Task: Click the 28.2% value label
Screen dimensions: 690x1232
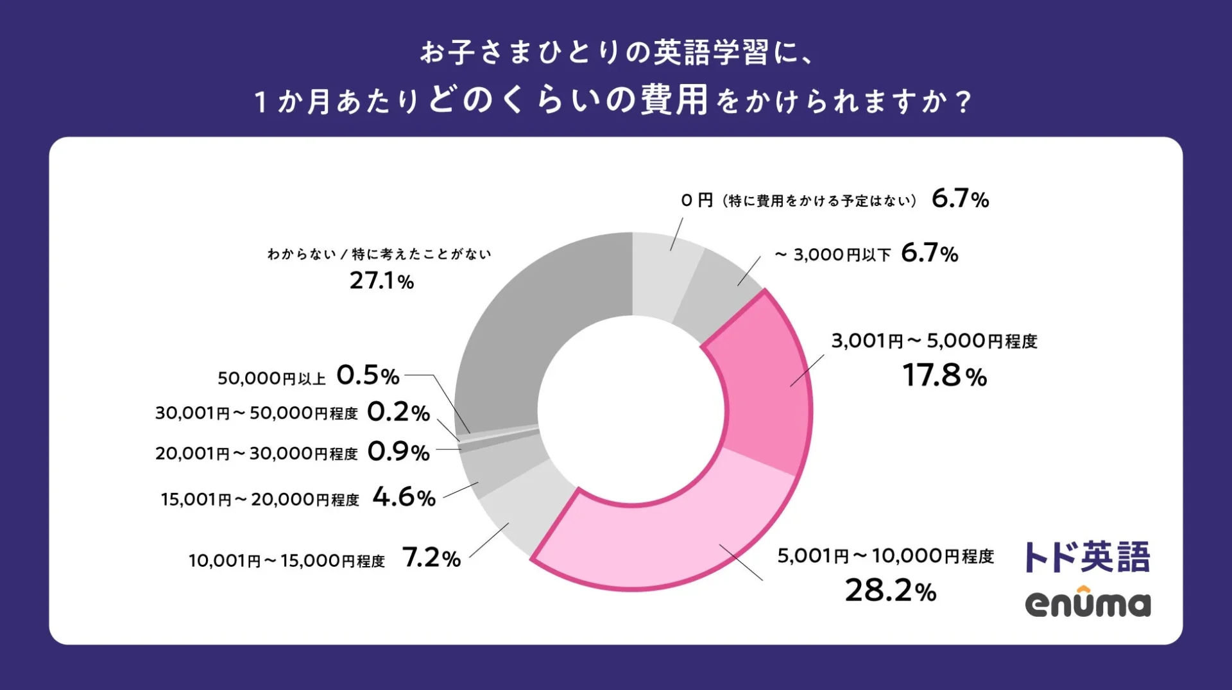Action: pyautogui.click(x=890, y=591)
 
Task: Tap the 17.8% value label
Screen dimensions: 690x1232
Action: pyautogui.click(x=944, y=375)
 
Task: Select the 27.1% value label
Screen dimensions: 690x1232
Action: pyautogui.click(x=381, y=280)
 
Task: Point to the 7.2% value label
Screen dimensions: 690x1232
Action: pyautogui.click(x=431, y=558)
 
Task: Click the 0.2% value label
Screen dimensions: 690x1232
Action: pyautogui.click(x=398, y=412)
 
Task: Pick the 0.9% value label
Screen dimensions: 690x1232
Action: pyautogui.click(x=398, y=452)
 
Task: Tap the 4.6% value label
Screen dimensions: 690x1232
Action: pyautogui.click(x=404, y=497)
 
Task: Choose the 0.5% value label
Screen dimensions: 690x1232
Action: pyautogui.click(x=368, y=375)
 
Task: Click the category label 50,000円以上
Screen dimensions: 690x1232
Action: pyautogui.click(x=271, y=378)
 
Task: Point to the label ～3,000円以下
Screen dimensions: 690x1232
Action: pyautogui.click(x=832, y=255)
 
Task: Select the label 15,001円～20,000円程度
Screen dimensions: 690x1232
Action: pyautogui.click(x=260, y=499)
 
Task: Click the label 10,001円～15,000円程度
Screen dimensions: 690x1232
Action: pyautogui.click(x=286, y=561)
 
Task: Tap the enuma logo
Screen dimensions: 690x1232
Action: pyautogui.click(x=1088, y=603)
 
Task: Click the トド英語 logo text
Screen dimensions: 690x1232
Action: pyautogui.click(x=1086, y=556)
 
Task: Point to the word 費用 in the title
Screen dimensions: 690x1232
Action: pyautogui.click(x=674, y=100)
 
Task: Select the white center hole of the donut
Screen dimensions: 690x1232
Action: pyautogui.click(x=632, y=411)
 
